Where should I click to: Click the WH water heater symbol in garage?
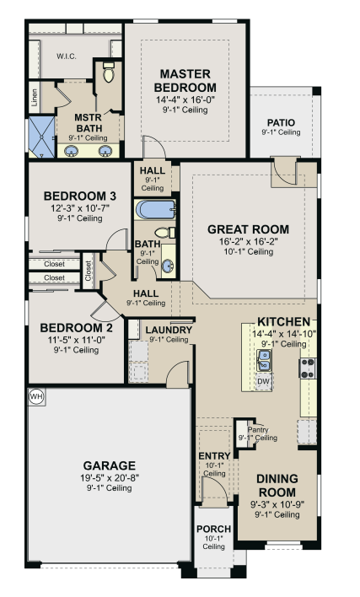pyautogui.click(x=36, y=397)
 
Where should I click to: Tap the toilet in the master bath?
pyautogui.click(x=109, y=72)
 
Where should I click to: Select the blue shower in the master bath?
pyautogui.click(x=42, y=137)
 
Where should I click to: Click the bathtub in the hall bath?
pyautogui.click(x=155, y=210)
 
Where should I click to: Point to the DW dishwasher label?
pyautogui.click(x=263, y=381)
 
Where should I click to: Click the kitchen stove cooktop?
pyautogui.click(x=308, y=368)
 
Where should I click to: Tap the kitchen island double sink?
pyautogui.click(x=263, y=361)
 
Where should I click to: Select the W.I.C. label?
pyautogui.click(x=67, y=56)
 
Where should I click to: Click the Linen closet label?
pyautogui.click(x=35, y=98)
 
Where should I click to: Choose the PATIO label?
pyautogui.click(x=281, y=122)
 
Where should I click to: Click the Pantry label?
pyautogui.click(x=258, y=429)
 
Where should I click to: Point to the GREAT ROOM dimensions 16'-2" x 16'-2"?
pyautogui.click(x=249, y=241)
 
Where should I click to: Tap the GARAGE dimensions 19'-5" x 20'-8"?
pyautogui.click(x=110, y=478)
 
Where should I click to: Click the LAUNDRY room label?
pyautogui.click(x=169, y=330)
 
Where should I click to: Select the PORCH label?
pyautogui.click(x=214, y=529)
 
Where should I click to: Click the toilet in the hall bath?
pyautogui.click(x=165, y=232)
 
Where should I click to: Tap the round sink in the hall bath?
pyautogui.click(x=168, y=266)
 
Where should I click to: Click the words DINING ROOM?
pyautogui.click(x=277, y=485)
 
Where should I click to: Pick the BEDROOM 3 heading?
pyautogui.click(x=80, y=196)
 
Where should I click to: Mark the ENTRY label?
pyautogui.click(x=215, y=455)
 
